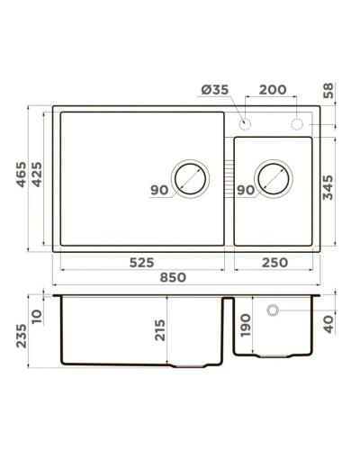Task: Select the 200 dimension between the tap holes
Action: (x=273, y=91)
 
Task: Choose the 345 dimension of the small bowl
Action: (x=329, y=190)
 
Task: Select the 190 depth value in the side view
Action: (x=247, y=325)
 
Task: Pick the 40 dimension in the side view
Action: (x=329, y=321)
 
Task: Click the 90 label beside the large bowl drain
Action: (x=158, y=191)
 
